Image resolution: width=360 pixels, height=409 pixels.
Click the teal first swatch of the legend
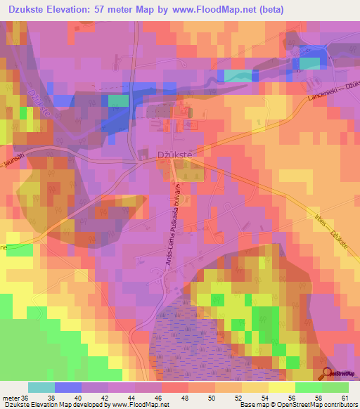tap(41, 387)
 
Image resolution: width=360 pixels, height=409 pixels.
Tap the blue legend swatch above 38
tap(67, 387)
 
